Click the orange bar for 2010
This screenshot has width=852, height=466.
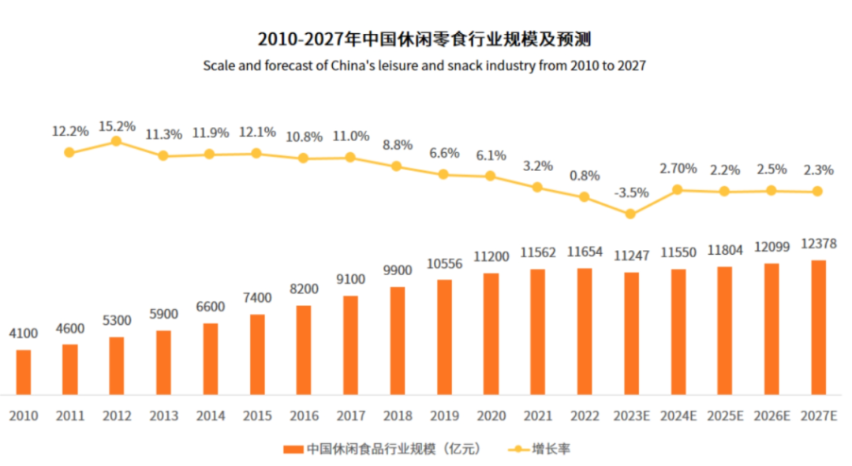(24, 371)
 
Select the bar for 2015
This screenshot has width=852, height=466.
(257, 354)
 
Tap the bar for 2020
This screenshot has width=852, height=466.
(491, 334)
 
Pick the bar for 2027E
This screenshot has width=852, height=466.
(818, 327)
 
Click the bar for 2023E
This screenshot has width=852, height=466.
(631, 333)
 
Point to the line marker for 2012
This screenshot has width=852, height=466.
(116, 141)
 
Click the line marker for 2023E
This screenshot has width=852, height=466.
(630, 214)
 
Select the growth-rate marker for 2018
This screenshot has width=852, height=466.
(397, 166)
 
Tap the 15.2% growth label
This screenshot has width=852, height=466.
(117, 126)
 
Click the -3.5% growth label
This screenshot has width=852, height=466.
(630, 192)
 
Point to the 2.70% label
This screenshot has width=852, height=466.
(678, 168)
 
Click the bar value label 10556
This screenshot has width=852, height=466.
(444, 263)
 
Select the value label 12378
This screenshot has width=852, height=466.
(818, 244)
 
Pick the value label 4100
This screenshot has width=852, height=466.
(24, 334)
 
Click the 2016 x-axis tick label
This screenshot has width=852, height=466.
(304, 416)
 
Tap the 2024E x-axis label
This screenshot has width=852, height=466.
(678, 416)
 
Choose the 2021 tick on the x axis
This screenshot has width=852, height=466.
(537, 416)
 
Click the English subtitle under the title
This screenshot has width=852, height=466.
(424, 66)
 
